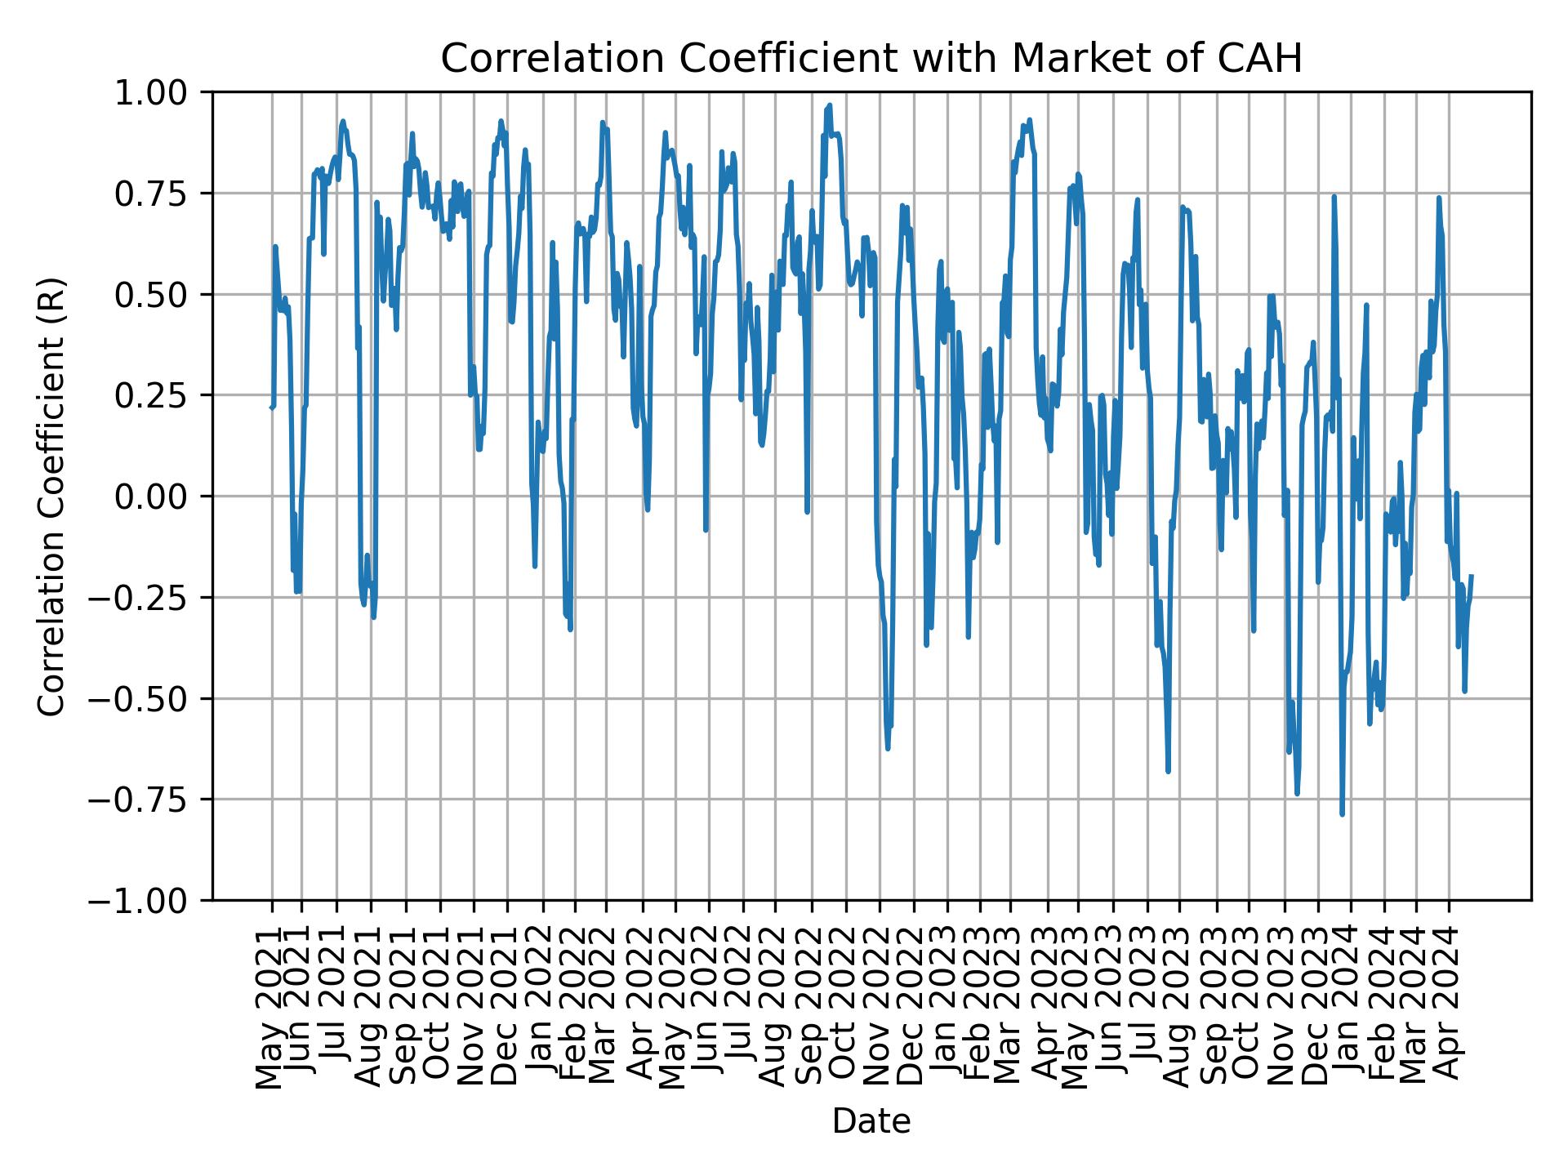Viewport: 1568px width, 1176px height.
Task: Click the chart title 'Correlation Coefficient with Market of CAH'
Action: click(871, 59)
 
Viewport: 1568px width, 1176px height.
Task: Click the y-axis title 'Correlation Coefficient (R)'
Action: click(51, 496)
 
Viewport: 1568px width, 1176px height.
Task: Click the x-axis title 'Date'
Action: click(871, 1121)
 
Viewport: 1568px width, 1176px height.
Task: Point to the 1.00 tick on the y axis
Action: click(163, 92)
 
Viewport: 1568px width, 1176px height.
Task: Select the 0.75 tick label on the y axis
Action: click(163, 194)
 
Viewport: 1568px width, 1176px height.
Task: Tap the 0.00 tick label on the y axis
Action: click(163, 497)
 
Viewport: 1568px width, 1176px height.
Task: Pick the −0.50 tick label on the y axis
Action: click(153, 698)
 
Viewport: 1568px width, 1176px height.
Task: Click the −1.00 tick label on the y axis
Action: click(153, 900)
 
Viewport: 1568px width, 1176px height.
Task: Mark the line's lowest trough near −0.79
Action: click(1342, 814)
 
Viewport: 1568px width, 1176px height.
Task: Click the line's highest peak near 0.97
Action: click(830, 105)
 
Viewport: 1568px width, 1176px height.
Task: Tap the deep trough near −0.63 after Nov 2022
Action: click(888, 748)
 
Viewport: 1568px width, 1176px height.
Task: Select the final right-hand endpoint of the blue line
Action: click(1472, 576)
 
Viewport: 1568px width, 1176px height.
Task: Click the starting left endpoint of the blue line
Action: click(271, 407)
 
